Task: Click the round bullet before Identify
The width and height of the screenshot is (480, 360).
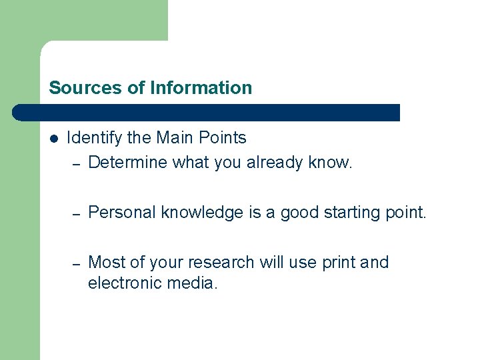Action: click(x=53, y=139)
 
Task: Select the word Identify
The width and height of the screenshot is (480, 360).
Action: click(x=94, y=138)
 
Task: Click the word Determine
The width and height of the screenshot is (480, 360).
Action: click(x=128, y=163)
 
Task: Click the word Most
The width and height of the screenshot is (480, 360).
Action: click(x=103, y=263)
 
